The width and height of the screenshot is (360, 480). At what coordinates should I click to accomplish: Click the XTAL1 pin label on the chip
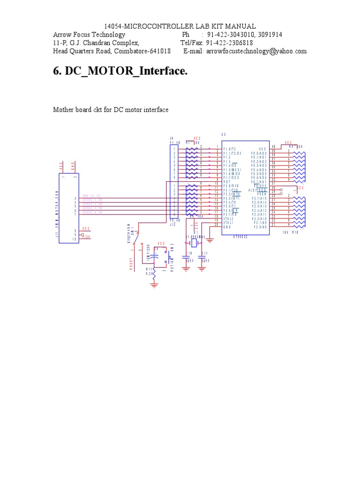tap(228, 223)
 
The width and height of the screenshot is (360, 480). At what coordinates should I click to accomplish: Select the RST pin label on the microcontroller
tap(226, 182)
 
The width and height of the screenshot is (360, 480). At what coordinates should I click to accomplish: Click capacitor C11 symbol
tap(202, 257)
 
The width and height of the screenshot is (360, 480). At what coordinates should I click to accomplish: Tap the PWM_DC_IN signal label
tap(92, 196)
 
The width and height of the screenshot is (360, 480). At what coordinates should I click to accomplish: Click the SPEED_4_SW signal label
tap(92, 213)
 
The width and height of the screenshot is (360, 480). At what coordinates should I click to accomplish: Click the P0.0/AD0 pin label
tap(259, 153)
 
